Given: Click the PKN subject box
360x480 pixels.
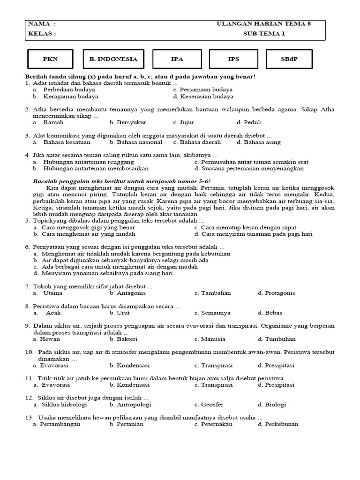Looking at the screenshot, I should click(50, 59).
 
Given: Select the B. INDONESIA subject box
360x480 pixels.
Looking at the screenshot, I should click(113, 59).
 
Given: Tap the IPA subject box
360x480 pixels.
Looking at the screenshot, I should click(177, 59).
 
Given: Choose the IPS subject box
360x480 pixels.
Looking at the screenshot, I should click(233, 59).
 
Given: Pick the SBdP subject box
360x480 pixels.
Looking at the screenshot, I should click(289, 59).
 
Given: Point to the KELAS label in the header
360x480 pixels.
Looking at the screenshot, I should click(42, 34).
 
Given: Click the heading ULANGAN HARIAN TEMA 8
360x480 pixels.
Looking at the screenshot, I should click(263, 23).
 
